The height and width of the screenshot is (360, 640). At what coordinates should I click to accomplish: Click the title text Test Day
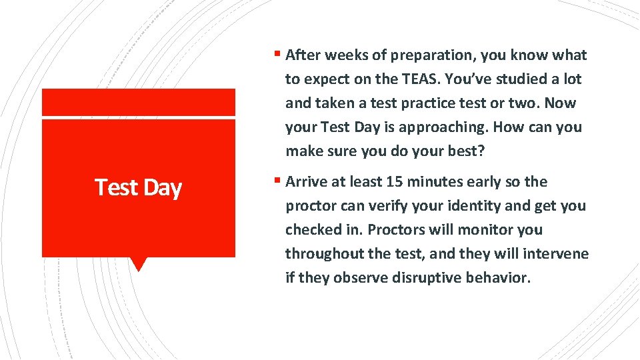138,187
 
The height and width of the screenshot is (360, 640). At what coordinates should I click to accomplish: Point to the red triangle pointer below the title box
139,263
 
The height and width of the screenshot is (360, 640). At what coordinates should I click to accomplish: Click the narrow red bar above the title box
139,103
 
